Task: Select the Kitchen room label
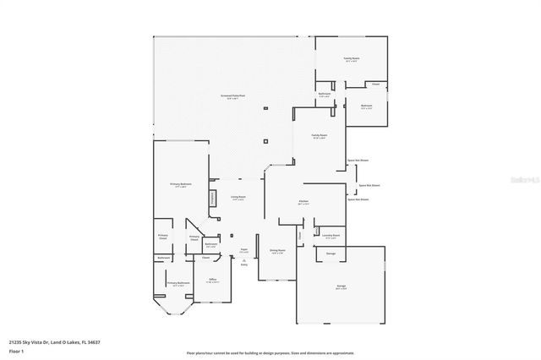(x=303, y=201)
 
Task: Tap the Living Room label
(x=238, y=197)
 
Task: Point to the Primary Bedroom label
(x=180, y=184)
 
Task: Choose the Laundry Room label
(x=331, y=236)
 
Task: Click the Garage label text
(x=341, y=286)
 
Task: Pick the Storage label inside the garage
(x=331, y=254)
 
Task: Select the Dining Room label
(x=276, y=250)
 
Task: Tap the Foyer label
(x=243, y=250)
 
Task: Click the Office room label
(x=213, y=280)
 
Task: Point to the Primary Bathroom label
(x=176, y=285)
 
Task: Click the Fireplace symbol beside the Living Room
(x=212, y=199)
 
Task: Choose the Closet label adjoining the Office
(x=205, y=258)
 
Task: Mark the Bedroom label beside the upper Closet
(x=366, y=106)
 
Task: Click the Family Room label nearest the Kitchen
(x=319, y=135)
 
